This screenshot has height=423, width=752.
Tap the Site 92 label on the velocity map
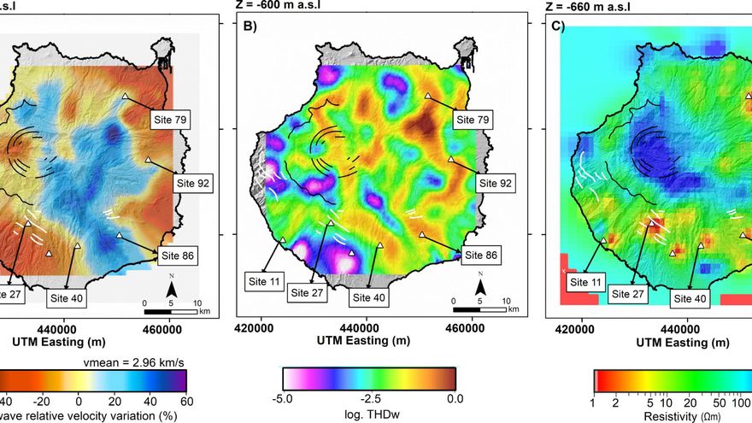coord(192,182)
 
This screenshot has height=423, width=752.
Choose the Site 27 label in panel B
coord(308,292)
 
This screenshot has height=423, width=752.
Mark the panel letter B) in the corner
coord(250,26)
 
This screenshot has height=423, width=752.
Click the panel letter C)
coord(558,26)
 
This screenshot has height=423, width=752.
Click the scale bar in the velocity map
coord(171,311)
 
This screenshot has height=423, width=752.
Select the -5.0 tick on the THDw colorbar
coord(283,398)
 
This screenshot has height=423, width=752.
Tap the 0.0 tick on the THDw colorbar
coord(454,398)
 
